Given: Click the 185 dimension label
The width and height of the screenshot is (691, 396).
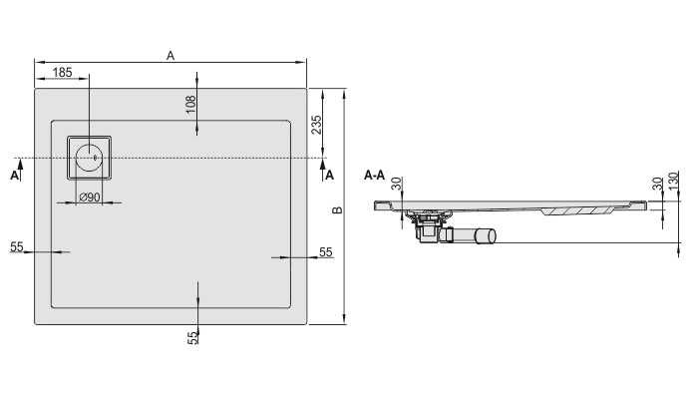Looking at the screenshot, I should click(x=61, y=72).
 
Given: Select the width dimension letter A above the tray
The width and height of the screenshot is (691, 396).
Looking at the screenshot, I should click(x=171, y=57).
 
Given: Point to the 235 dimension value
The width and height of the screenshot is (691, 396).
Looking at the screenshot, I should click(x=316, y=125).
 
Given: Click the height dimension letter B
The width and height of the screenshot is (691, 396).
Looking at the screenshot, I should click(x=337, y=210).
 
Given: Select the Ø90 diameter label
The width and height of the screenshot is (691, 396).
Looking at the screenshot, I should click(x=89, y=197).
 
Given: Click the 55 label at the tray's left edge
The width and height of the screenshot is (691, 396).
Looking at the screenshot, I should click(x=17, y=246).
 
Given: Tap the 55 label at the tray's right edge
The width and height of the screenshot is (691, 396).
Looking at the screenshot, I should click(x=325, y=253).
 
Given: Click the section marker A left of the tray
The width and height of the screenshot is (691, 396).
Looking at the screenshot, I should click(x=13, y=176).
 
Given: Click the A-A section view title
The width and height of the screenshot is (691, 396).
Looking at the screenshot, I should click(x=375, y=176).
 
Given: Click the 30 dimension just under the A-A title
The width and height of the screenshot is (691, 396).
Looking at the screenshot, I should click(x=396, y=185).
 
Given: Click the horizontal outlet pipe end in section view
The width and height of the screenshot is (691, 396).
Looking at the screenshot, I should click(x=486, y=236).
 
